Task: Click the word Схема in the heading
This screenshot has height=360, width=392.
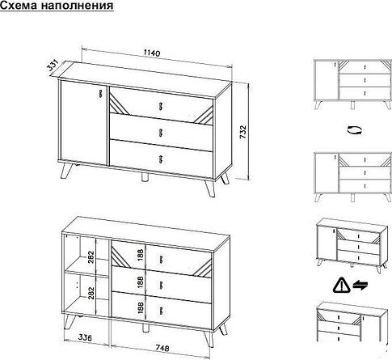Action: (19, 5)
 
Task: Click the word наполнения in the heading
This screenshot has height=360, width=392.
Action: (77, 6)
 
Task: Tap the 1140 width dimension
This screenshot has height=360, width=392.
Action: (151, 53)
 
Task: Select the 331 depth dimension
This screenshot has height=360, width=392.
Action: (53, 66)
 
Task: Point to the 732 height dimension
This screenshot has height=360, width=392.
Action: (243, 132)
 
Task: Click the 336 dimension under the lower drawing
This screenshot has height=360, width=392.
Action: (85, 337)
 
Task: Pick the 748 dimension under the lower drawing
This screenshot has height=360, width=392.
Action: (162, 348)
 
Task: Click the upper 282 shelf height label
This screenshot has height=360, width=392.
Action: (91, 257)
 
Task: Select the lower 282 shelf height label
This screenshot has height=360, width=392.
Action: (91, 293)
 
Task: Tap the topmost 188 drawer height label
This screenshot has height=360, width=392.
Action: (141, 255)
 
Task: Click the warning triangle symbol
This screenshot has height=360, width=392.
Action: (341, 286)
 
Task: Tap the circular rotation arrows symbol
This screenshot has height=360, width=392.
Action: (355, 130)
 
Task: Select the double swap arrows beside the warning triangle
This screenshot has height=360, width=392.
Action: (360, 285)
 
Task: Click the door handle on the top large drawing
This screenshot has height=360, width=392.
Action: (101, 93)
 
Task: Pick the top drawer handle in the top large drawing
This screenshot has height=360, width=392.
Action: (161, 106)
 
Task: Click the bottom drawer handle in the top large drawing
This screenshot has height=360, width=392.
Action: (161, 159)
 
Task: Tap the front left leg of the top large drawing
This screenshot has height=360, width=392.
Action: (66, 171)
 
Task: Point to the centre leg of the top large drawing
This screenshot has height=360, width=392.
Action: (145, 178)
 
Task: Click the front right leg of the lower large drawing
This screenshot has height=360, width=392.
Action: (209, 339)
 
